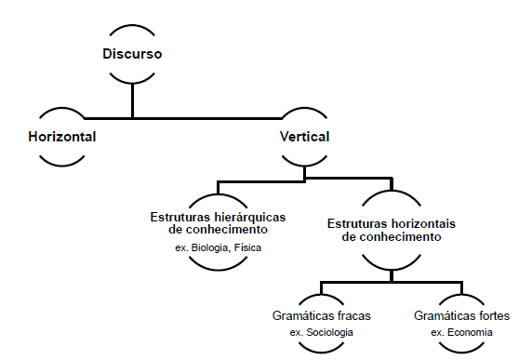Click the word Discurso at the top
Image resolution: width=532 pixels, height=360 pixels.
(x=132, y=53)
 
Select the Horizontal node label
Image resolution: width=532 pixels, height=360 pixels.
(x=61, y=137)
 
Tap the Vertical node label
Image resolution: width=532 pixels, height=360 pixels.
(x=304, y=137)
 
